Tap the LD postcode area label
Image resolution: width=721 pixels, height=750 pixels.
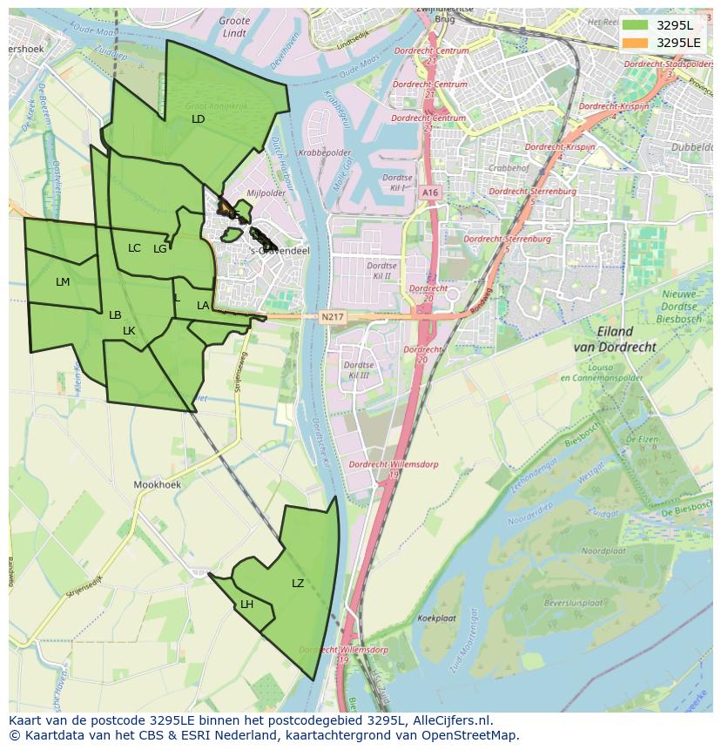198,118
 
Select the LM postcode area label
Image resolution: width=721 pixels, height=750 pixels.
63,282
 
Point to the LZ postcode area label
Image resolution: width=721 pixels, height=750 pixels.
298,584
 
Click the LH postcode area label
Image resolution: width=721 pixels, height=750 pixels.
247,605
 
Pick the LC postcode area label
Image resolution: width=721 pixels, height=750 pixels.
134,248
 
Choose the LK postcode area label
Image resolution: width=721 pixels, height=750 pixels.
129,331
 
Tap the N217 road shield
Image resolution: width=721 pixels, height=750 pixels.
331,316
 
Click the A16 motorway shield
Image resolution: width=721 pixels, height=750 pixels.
428,193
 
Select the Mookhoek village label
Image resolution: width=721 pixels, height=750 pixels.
156,483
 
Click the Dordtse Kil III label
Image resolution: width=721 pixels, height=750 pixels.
357,370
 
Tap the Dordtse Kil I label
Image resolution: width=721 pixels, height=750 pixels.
397,182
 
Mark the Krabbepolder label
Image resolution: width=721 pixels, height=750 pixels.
319,152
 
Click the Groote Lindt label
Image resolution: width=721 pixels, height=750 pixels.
234,26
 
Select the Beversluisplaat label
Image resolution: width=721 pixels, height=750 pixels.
573,602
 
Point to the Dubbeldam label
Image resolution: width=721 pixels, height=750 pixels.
691,147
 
